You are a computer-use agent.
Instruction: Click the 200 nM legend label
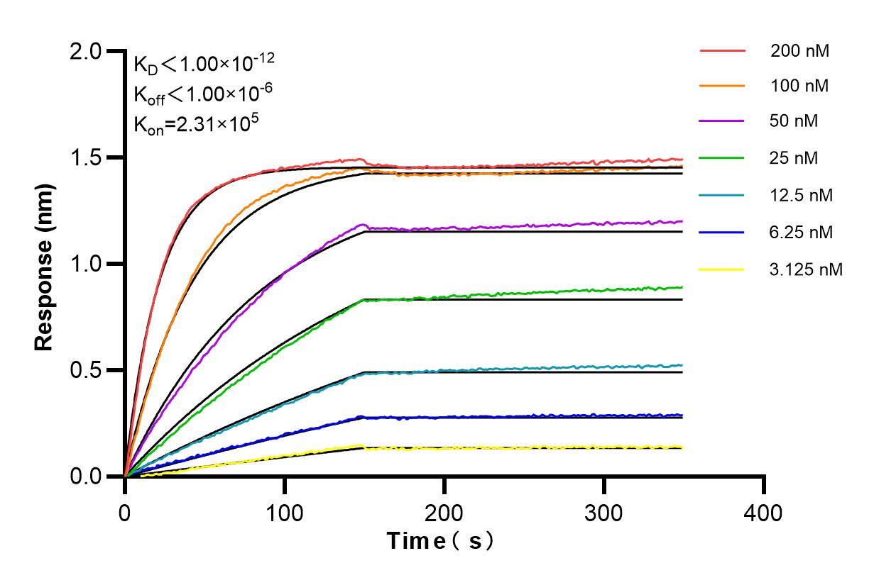[x=799, y=51]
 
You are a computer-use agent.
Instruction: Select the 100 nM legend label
[x=799, y=87]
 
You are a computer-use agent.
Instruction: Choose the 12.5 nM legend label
[x=802, y=195]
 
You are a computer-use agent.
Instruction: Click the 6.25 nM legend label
[x=802, y=232]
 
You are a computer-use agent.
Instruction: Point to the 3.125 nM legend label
[x=807, y=269]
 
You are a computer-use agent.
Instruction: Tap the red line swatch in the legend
[x=722, y=51]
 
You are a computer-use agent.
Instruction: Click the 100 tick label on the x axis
[x=285, y=511]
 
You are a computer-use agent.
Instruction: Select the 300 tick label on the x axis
[x=604, y=511]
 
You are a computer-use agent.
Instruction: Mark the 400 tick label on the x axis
[x=764, y=511]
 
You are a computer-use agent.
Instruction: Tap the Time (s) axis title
[x=440, y=542]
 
